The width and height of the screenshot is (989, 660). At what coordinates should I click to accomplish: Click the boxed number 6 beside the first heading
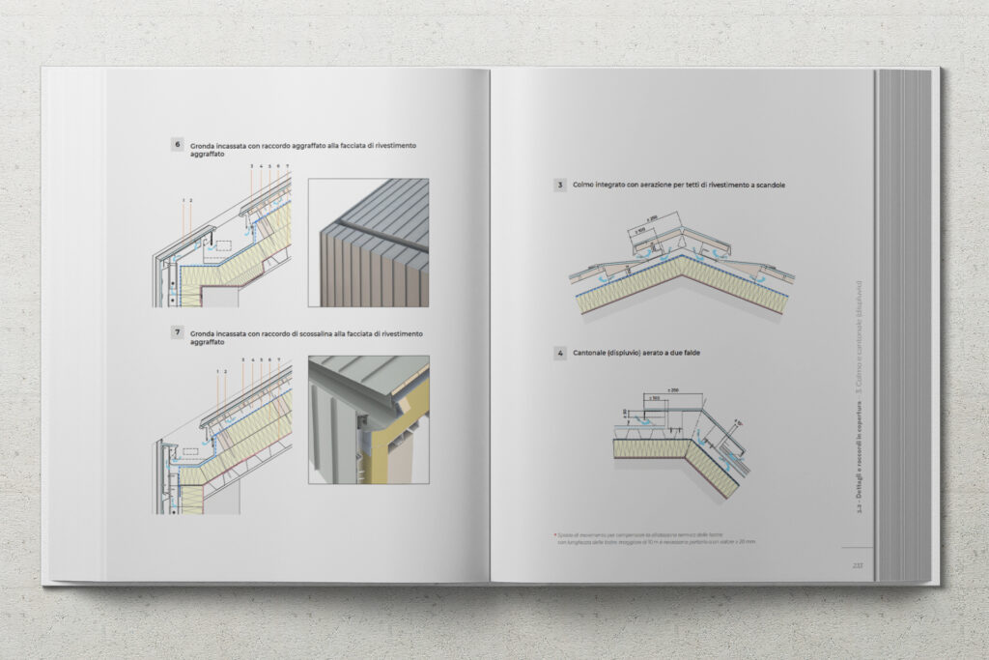coord(178,145)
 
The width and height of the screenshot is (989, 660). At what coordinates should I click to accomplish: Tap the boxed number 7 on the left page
coord(178,332)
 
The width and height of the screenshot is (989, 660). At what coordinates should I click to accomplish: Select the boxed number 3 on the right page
coord(559,185)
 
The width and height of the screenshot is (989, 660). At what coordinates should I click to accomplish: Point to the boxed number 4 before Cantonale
coord(559,354)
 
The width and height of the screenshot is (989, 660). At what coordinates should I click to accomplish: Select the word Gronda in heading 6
coord(203,145)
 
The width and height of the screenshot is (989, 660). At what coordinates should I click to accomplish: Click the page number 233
coord(857,565)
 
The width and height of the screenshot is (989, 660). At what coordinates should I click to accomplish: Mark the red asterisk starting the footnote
coord(552,533)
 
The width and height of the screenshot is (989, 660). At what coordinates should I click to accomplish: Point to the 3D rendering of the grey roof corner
coord(368,242)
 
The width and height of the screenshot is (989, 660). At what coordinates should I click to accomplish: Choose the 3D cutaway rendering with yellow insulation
coord(368,419)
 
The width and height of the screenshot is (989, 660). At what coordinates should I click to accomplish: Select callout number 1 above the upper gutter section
coord(184,200)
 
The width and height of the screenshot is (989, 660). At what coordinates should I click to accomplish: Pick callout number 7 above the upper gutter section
coord(287,166)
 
